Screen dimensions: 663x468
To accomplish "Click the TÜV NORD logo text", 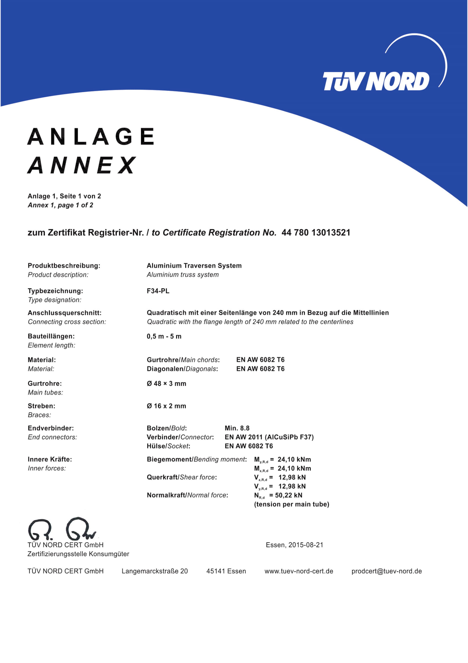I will pyautogui.click(x=376, y=81).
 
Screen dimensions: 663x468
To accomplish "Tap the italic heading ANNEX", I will pyautogui.click(x=82, y=165).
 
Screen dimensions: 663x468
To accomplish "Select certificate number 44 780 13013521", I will pyautogui.click(x=316, y=233).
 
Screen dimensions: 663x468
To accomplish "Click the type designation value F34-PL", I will pyautogui.click(x=158, y=291).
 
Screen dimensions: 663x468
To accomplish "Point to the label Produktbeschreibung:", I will pyautogui.click(x=64, y=266).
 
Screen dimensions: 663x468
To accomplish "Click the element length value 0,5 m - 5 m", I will pyautogui.click(x=164, y=336).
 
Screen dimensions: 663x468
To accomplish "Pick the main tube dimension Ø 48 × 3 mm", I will pyautogui.click(x=166, y=384).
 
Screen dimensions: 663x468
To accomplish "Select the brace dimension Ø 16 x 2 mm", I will pyautogui.click(x=166, y=406).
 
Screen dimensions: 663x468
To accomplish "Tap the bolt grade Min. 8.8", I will pyautogui.click(x=237, y=428).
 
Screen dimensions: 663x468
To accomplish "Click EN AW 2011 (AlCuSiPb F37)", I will pyautogui.click(x=269, y=437).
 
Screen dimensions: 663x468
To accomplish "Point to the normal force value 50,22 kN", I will pyautogui.click(x=289, y=495).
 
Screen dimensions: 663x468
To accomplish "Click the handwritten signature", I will pyautogui.click(x=62, y=529).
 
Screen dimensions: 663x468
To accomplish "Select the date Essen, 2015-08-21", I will pyautogui.click(x=294, y=545).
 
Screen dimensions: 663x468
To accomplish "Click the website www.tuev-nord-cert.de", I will pyautogui.click(x=299, y=571).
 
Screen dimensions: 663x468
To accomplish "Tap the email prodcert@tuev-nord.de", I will pyautogui.click(x=386, y=571).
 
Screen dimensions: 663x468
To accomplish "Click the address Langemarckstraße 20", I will pyautogui.click(x=155, y=571).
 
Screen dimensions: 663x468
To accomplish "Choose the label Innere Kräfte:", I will pyautogui.click(x=50, y=459).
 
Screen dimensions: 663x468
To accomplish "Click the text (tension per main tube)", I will pyautogui.click(x=292, y=505).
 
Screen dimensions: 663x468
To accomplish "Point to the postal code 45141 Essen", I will pyautogui.click(x=226, y=571).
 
